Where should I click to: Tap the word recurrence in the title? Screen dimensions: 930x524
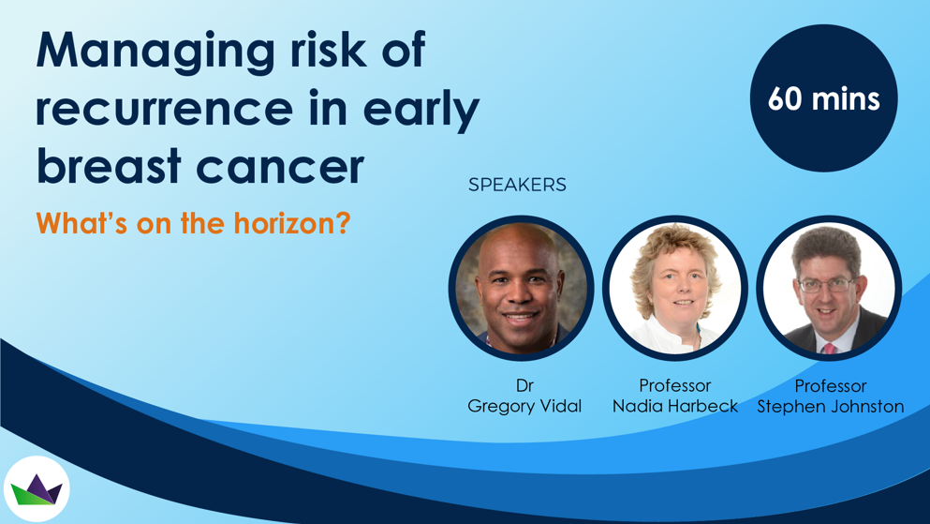point(164,108)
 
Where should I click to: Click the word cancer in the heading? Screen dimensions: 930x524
point(280,169)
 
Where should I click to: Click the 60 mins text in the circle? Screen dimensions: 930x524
point(824,98)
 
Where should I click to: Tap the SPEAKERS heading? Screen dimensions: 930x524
point(517,185)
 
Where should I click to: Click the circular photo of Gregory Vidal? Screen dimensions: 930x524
point(522,289)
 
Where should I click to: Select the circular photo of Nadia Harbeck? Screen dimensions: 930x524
point(675,289)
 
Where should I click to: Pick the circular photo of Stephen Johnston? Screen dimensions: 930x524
point(829,289)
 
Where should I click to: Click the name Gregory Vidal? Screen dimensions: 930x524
point(524,406)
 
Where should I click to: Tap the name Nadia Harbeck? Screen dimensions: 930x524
point(675,406)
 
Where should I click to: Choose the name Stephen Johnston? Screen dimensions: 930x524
point(831,407)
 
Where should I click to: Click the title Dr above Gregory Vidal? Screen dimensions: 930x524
point(524,385)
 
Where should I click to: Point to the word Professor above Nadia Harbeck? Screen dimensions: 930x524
point(675,385)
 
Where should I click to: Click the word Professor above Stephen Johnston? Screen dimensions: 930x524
point(831,386)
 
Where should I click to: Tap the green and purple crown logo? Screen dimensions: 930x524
point(37,489)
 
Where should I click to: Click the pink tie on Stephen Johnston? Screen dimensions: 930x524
point(829,348)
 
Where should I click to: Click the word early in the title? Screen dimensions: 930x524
point(421,111)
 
